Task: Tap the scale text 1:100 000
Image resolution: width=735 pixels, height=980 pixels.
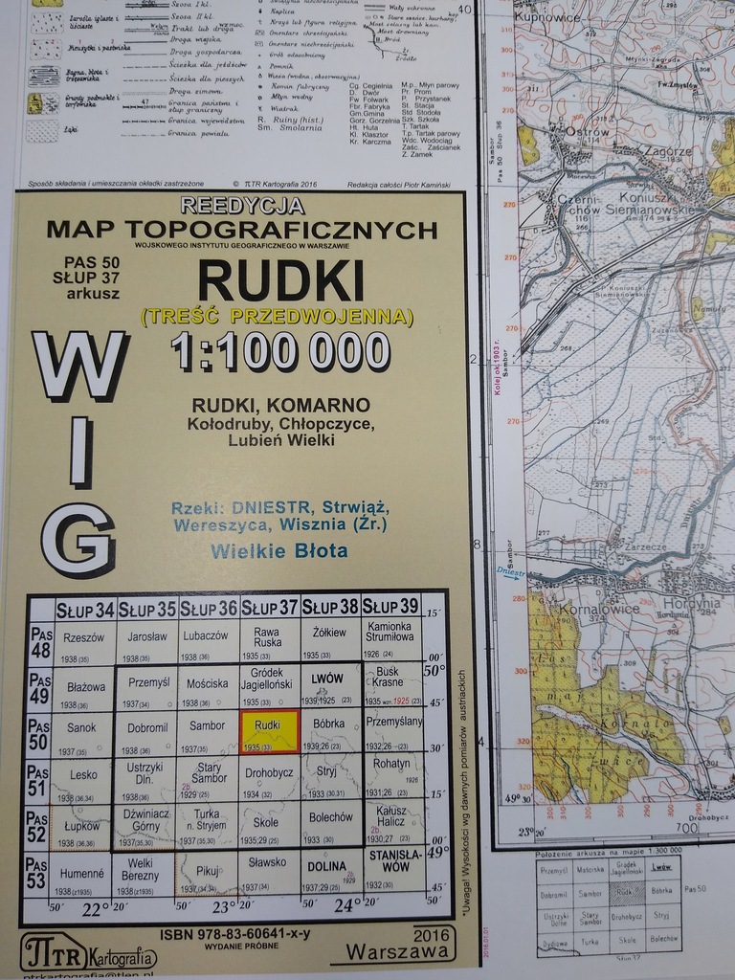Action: pos(280,352)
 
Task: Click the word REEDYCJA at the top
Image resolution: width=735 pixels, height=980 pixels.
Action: pos(242,206)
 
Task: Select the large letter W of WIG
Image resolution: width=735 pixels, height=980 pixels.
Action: pos(80,368)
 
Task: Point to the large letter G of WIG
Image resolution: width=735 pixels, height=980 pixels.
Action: pos(79,540)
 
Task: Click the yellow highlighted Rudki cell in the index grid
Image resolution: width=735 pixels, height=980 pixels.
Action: pos(269,731)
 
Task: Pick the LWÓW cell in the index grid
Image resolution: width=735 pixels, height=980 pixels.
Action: pos(328,682)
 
